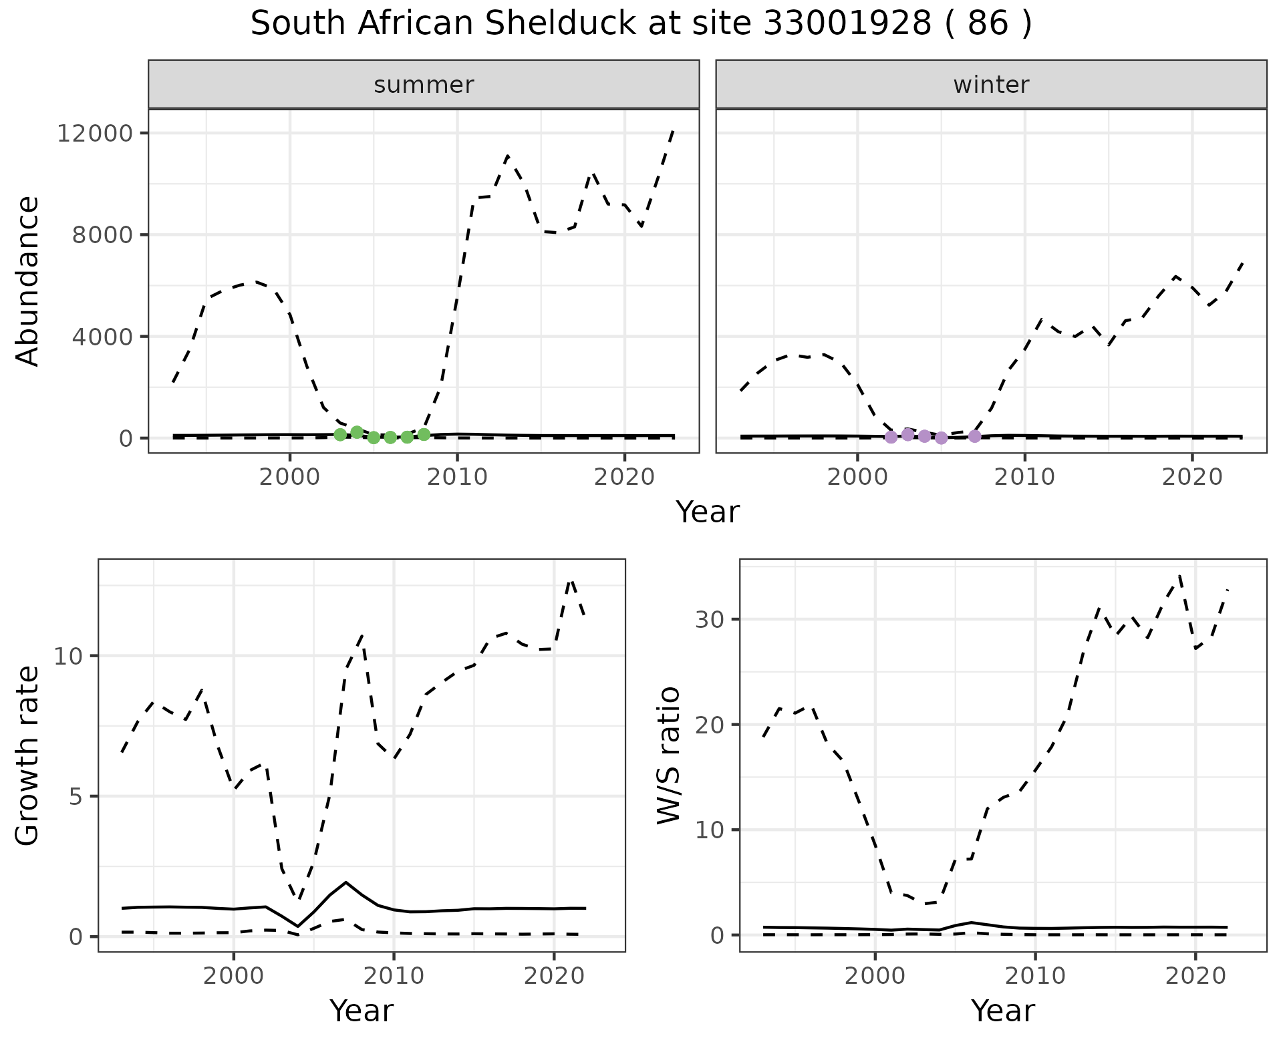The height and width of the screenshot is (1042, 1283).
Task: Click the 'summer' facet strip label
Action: tap(424, 85)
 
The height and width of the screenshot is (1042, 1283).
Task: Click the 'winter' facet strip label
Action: tap(991, 85)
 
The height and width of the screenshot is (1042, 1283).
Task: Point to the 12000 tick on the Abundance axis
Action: tap(96, 134)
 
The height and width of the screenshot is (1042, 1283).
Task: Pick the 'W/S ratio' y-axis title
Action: tap(668, 755)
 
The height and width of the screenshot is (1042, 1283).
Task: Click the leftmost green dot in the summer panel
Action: tap(340, 435)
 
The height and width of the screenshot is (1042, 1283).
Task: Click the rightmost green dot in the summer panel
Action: tap(424, 435)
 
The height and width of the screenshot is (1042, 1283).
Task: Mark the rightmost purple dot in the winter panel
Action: tap(974, 436)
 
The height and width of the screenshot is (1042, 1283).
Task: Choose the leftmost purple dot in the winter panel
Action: tap(891, 437)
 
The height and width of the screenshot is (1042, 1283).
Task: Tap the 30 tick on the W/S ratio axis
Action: tap(710, 619)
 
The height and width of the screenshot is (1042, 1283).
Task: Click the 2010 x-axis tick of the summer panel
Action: tap(457, 477)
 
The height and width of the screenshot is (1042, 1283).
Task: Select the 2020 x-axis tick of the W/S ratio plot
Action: tap(1195, 976)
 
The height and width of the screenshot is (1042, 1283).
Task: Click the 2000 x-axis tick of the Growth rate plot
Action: tap(233, 976)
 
